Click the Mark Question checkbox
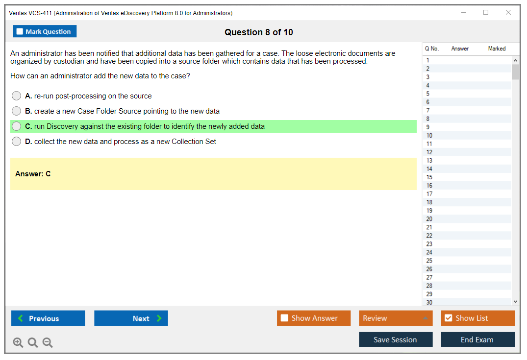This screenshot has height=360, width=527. click(x=20, y=31)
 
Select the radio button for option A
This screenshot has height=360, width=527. click(x=17, y=96)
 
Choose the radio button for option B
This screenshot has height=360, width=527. click(x=17, y=111)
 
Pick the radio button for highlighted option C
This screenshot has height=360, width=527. click(x=17, y=126)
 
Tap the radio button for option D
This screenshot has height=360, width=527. click(x=17, y=142)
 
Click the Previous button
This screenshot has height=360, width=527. click(x=48, y=318)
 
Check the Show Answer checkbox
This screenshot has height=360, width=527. click(x=284, y=318)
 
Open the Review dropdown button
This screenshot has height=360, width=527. click(x=396, y=318)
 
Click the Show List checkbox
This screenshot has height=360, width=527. click(x=449, y=318)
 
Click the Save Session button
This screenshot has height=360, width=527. click(x=396, y=339)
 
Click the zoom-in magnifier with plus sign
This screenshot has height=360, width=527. click(x=18, y=342)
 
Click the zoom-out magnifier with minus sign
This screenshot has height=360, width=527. click(x=48, y=342)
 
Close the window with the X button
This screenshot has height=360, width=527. click(x=508, y=12)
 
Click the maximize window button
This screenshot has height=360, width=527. click(x=486, y=12)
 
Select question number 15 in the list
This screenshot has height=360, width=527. click(x=429, y=177)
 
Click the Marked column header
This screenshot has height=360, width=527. click(x=497, y=48)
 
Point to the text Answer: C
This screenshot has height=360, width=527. click(x=33, y=174)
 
